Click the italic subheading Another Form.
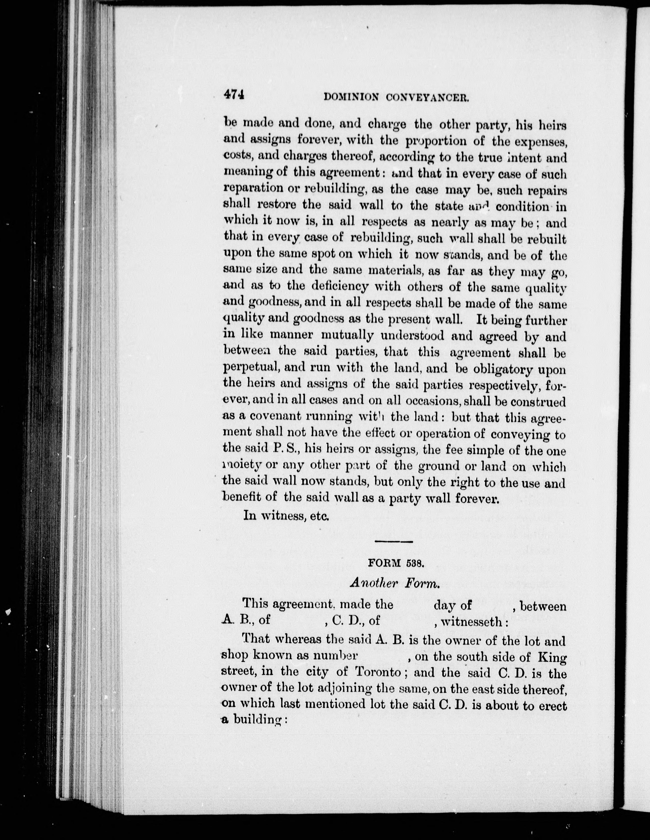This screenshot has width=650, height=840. pos(395,583)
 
